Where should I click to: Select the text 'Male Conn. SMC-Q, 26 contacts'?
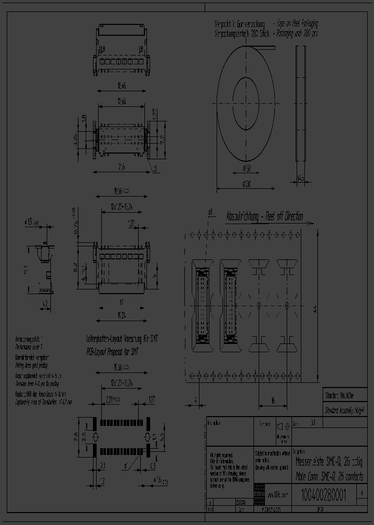329,477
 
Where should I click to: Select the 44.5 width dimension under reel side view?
300,178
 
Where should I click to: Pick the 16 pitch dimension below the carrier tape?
273,401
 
